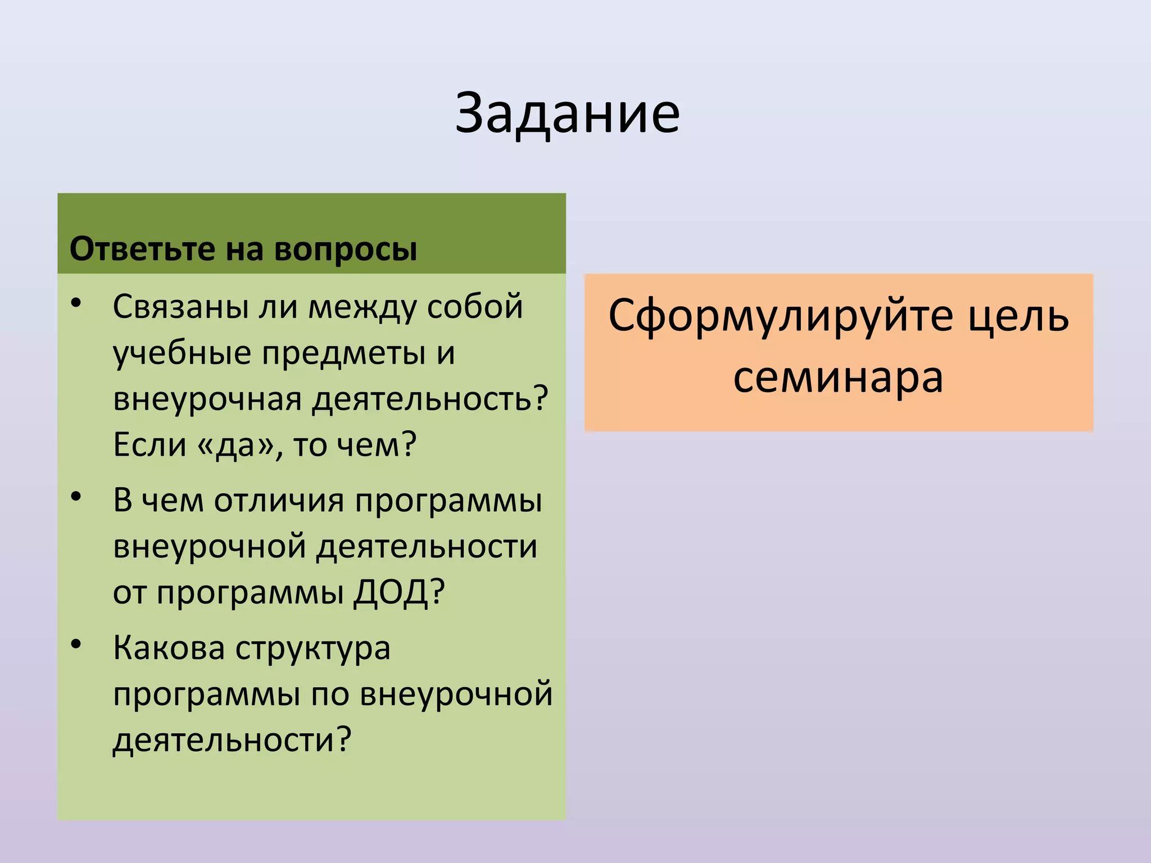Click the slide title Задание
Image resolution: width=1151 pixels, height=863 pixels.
click(567, 114)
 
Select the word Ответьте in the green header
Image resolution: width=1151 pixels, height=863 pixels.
click(142, 249)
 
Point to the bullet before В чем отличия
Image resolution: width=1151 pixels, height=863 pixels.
click(76, 497)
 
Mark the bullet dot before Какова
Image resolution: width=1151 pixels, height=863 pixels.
click(76, 644)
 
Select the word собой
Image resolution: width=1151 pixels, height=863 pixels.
click(475, 307)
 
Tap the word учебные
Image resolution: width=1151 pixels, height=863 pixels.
click(182, 354)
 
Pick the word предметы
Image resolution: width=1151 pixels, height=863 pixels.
click(343, 354)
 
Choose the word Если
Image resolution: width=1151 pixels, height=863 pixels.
click(149, 445)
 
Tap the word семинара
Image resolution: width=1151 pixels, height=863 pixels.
click(838, 378)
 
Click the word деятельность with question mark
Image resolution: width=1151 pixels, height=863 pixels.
click(430, 399)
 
